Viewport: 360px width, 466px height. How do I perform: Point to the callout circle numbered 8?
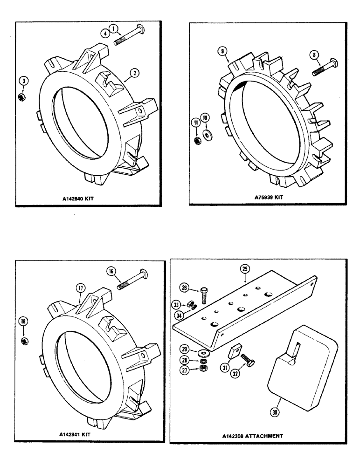pyautogui.click(x=316, y=55)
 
